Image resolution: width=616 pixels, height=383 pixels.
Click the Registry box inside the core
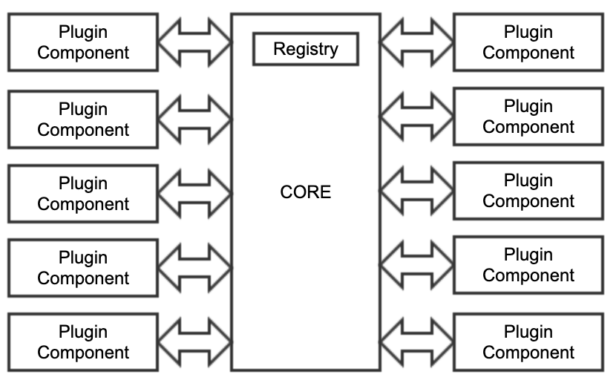306,49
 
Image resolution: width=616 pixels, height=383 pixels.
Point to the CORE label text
306,192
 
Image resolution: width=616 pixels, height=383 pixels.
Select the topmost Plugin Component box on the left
83,42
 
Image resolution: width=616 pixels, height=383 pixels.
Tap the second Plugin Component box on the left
83,120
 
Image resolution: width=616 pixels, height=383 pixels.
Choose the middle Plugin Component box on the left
83,194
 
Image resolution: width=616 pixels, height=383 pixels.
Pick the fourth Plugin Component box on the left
83,268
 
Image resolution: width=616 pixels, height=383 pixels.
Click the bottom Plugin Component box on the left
83,342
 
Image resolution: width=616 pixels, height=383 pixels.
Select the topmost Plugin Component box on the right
528,42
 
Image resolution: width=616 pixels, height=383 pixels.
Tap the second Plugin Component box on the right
528,117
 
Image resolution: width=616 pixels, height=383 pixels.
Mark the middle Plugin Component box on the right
528,191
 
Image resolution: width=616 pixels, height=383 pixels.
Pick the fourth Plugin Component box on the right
528,265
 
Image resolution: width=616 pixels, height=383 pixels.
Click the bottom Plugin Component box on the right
528,342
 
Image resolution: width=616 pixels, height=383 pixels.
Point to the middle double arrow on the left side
194,193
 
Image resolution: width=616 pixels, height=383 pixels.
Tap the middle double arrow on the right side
417,191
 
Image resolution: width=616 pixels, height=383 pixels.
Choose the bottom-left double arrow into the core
194,342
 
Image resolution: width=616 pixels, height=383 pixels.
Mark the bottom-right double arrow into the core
417,342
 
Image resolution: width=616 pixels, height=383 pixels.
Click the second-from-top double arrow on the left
194,119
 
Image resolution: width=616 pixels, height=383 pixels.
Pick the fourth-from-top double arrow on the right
417,265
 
